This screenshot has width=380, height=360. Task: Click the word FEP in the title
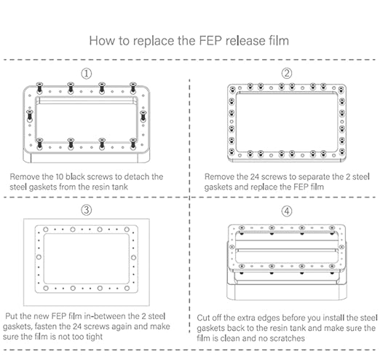tap(210, 40)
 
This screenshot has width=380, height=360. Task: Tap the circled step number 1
tap(87, 74)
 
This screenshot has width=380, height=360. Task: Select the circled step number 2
tap(287, 73)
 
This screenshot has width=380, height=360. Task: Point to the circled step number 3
tap(87, 210)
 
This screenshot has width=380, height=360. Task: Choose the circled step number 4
tap(287, 211)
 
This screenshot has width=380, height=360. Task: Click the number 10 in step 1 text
tap(60, 176)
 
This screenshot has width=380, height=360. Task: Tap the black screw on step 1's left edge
tap(30, 115)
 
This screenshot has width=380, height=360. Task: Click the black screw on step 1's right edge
tap(143, 116)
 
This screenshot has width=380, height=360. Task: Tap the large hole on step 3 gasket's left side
tap(39, 257)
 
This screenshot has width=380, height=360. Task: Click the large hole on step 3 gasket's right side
tap(133, 257)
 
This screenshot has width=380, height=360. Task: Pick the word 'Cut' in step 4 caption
tap(202, 318)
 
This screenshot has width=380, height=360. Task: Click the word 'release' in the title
tap(245, 40)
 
